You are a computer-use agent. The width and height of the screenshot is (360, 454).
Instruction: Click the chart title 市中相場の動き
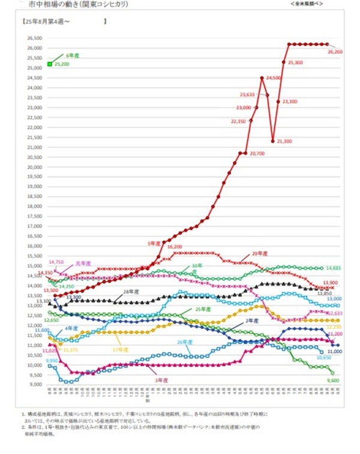coord(49,4)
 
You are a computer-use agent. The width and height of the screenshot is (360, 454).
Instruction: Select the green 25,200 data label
coord(62,64)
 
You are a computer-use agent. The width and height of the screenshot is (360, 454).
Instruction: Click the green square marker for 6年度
coord(50,63)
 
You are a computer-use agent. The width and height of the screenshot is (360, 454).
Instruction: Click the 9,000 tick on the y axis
coord(35,384)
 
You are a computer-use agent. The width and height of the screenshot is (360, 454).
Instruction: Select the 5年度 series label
coord(155,243)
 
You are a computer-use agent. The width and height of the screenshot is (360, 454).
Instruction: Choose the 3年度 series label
coord(160,380)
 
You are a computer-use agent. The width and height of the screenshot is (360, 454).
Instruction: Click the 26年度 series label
coord(184,342)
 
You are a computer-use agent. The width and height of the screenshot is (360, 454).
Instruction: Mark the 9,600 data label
coord(334,380)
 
